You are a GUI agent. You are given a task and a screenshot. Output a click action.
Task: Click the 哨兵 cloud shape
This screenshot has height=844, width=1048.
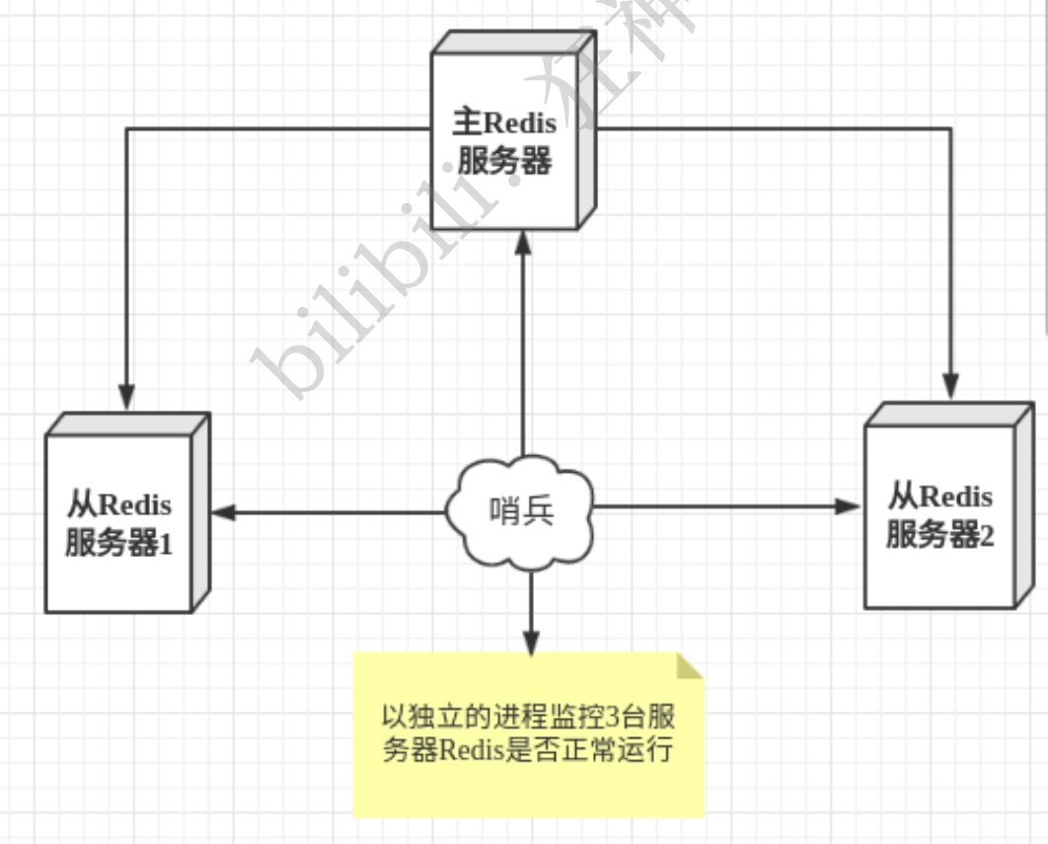coord(521,511)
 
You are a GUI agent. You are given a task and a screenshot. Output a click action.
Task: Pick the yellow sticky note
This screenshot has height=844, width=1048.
coord(528,734)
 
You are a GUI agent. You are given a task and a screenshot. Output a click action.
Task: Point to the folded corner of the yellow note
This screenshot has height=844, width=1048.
coord(689,665)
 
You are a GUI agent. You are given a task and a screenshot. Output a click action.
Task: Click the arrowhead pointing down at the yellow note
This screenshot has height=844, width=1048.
coord(531,642)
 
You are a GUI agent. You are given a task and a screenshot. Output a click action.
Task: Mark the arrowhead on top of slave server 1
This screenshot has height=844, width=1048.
coord(126,396)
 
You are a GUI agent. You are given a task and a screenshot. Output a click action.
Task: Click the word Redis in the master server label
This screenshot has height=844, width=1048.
coord(520,123)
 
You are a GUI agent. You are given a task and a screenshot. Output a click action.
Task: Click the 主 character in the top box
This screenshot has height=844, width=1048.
coord(466,122)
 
